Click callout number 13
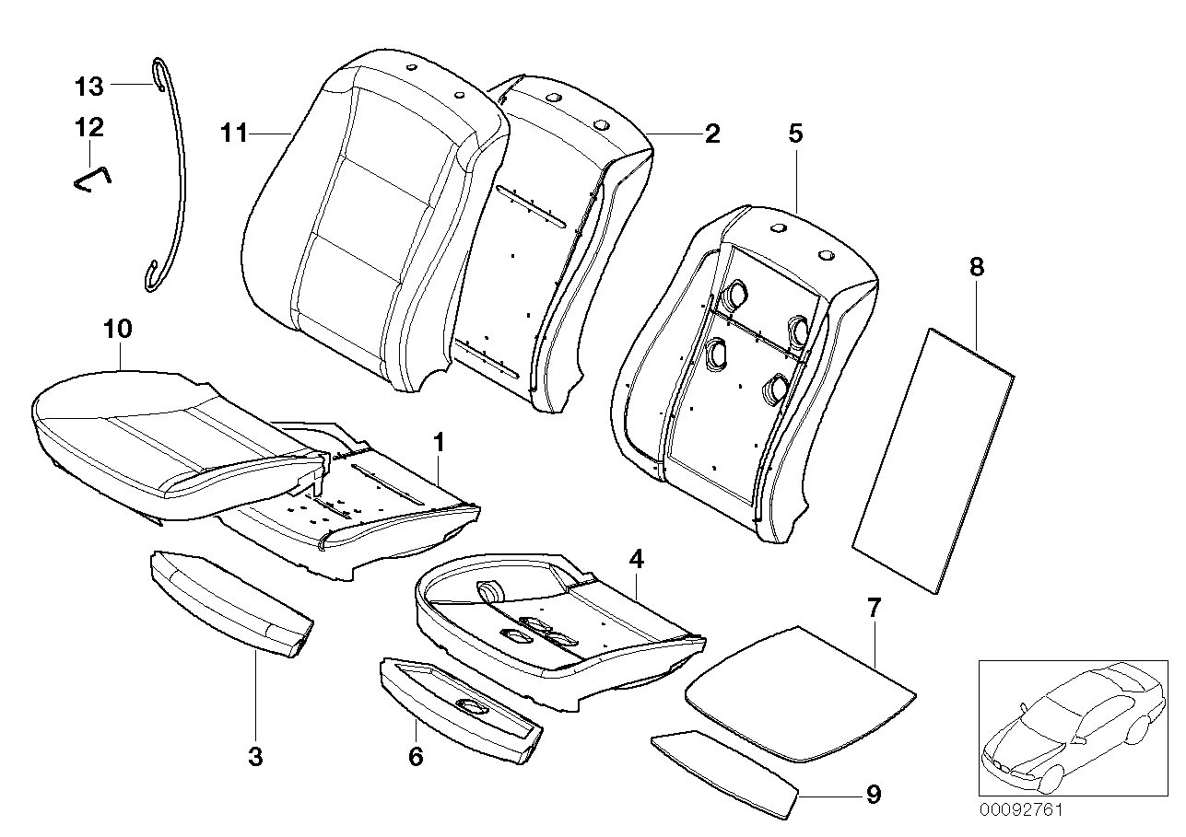[89, 87]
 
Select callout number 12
[89, 126]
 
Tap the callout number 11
[235, 134]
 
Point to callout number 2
[711, 134]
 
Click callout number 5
[795, 134]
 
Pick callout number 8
[977, 268]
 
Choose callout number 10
[119, 328]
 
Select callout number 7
[874, 607]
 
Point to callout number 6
[416, 757]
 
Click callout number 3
[256, 757]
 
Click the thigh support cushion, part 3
[230, 604]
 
